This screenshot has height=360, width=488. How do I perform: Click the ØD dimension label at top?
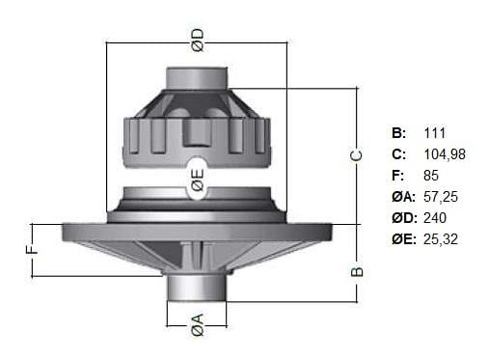pos(198,41)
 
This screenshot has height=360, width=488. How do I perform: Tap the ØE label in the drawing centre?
pos(198,180)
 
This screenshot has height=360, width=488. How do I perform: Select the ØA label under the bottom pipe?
pos(198,325)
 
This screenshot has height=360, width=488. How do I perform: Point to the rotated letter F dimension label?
pos(32,250)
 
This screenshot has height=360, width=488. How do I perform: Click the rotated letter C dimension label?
pos(356,155)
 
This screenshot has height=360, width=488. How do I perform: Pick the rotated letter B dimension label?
pos(356,272)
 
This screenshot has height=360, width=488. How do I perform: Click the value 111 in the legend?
pos(435,133)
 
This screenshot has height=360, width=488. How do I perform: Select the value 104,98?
pos(445,154)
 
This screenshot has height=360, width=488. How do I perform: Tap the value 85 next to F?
pos(431,176)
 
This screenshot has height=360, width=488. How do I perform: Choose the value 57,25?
pos(441,197)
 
